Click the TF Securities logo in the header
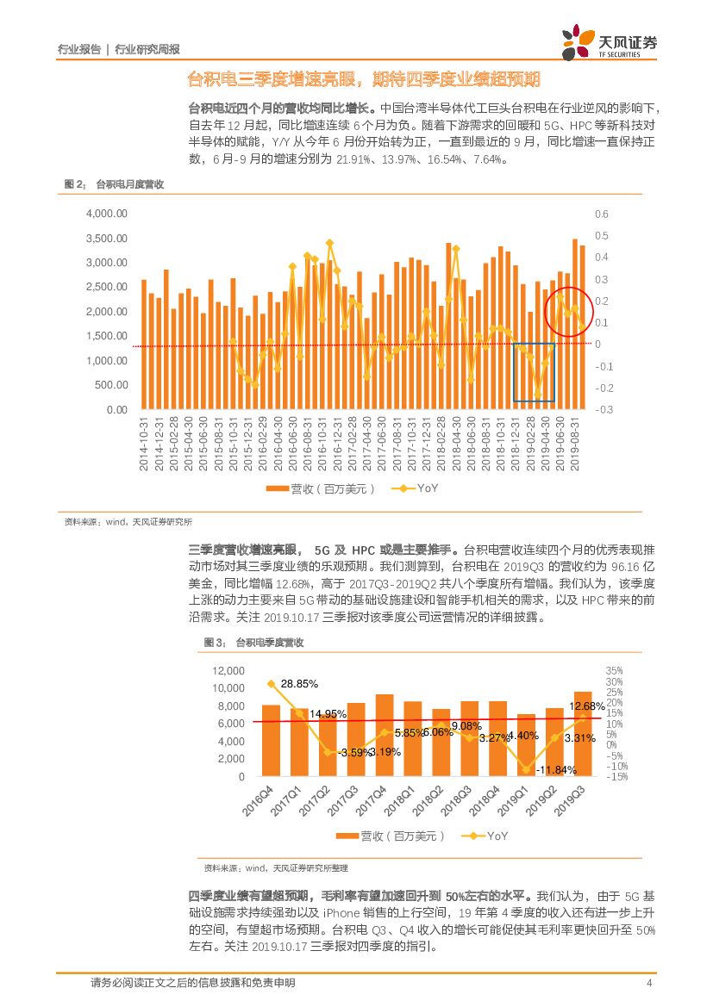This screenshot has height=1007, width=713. pos(610,40)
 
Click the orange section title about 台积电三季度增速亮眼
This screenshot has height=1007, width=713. pos(364,80)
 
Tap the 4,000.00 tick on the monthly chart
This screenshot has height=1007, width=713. pos(107,214)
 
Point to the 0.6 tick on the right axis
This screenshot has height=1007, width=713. pos(602,214)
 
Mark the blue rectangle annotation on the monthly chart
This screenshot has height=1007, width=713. pos(534,372)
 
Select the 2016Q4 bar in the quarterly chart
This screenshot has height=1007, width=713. pos(271,741)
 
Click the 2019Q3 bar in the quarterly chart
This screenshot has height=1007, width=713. pos(583,734)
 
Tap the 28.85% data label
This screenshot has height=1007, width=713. pos(299,683)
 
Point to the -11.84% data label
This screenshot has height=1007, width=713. pos(554,769)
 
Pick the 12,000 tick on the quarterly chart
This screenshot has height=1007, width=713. pos(228,670)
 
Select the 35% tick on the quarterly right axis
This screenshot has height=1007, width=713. pos(614,670)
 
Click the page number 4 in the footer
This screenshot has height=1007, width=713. pos(647,983)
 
